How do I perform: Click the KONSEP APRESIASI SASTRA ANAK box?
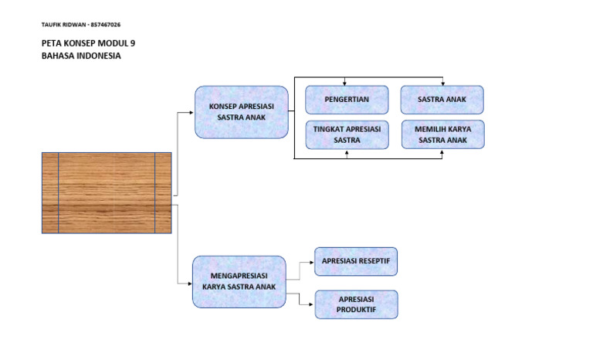tap(241, 112)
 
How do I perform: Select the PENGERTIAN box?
tap(347, 100)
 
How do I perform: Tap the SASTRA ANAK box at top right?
tap(442, 100)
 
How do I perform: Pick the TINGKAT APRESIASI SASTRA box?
tap(347, 134)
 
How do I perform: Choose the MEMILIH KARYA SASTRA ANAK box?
tap(442, 134)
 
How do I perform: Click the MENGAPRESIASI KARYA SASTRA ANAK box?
tap(239, 281)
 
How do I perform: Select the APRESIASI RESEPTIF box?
tap(356, 261)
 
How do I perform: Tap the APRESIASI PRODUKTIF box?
tap(356, 304)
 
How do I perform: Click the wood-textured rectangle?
tap(107, 193)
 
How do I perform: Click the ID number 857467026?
tap(106, 25)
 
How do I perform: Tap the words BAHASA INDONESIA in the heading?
tap(81, 56)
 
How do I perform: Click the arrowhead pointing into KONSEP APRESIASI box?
tap(191, 112)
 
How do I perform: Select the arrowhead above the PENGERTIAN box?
tap(347, 83)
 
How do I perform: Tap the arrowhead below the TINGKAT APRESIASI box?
tap(347, 152)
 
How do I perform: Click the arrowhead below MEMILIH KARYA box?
tap(442, 152)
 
